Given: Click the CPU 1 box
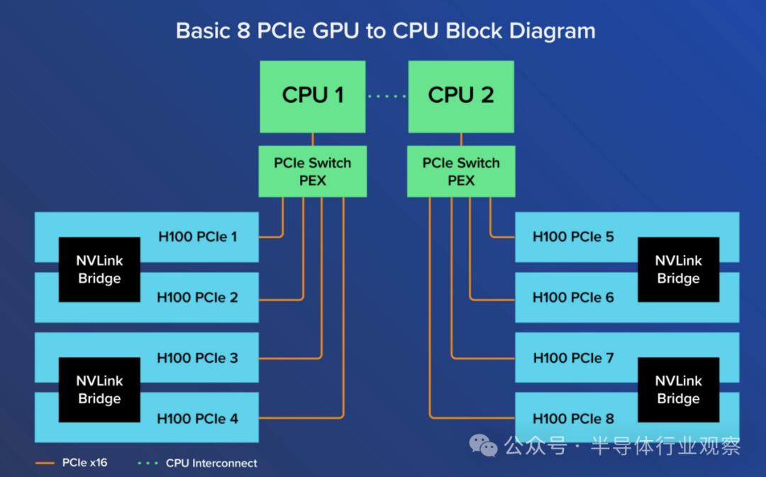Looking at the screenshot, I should [313, 96].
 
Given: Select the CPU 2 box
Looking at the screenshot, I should [461, 96].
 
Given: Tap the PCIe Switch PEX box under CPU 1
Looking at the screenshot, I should [312, 172].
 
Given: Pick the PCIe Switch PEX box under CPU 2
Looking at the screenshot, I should [461, 172].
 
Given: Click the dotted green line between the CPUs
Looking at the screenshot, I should [387, 96].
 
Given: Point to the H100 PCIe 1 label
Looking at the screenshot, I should [197, 237].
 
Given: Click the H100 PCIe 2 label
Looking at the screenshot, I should [197, 298].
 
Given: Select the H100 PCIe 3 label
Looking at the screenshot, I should [197, 358].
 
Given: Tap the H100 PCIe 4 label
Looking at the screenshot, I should [197, 419].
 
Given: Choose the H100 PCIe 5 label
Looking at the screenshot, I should [573, 237].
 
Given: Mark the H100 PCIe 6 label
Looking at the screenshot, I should [573, 298].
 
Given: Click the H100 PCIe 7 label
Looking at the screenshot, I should [573, 358].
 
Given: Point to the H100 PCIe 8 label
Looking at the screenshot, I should [573, 419].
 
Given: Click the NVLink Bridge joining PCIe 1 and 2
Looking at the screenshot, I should [99, 269].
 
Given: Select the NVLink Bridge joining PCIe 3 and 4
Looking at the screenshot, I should [99, 390].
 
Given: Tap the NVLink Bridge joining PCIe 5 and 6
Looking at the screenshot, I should [678, 269].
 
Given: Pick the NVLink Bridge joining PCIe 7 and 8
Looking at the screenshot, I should [678, 390].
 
